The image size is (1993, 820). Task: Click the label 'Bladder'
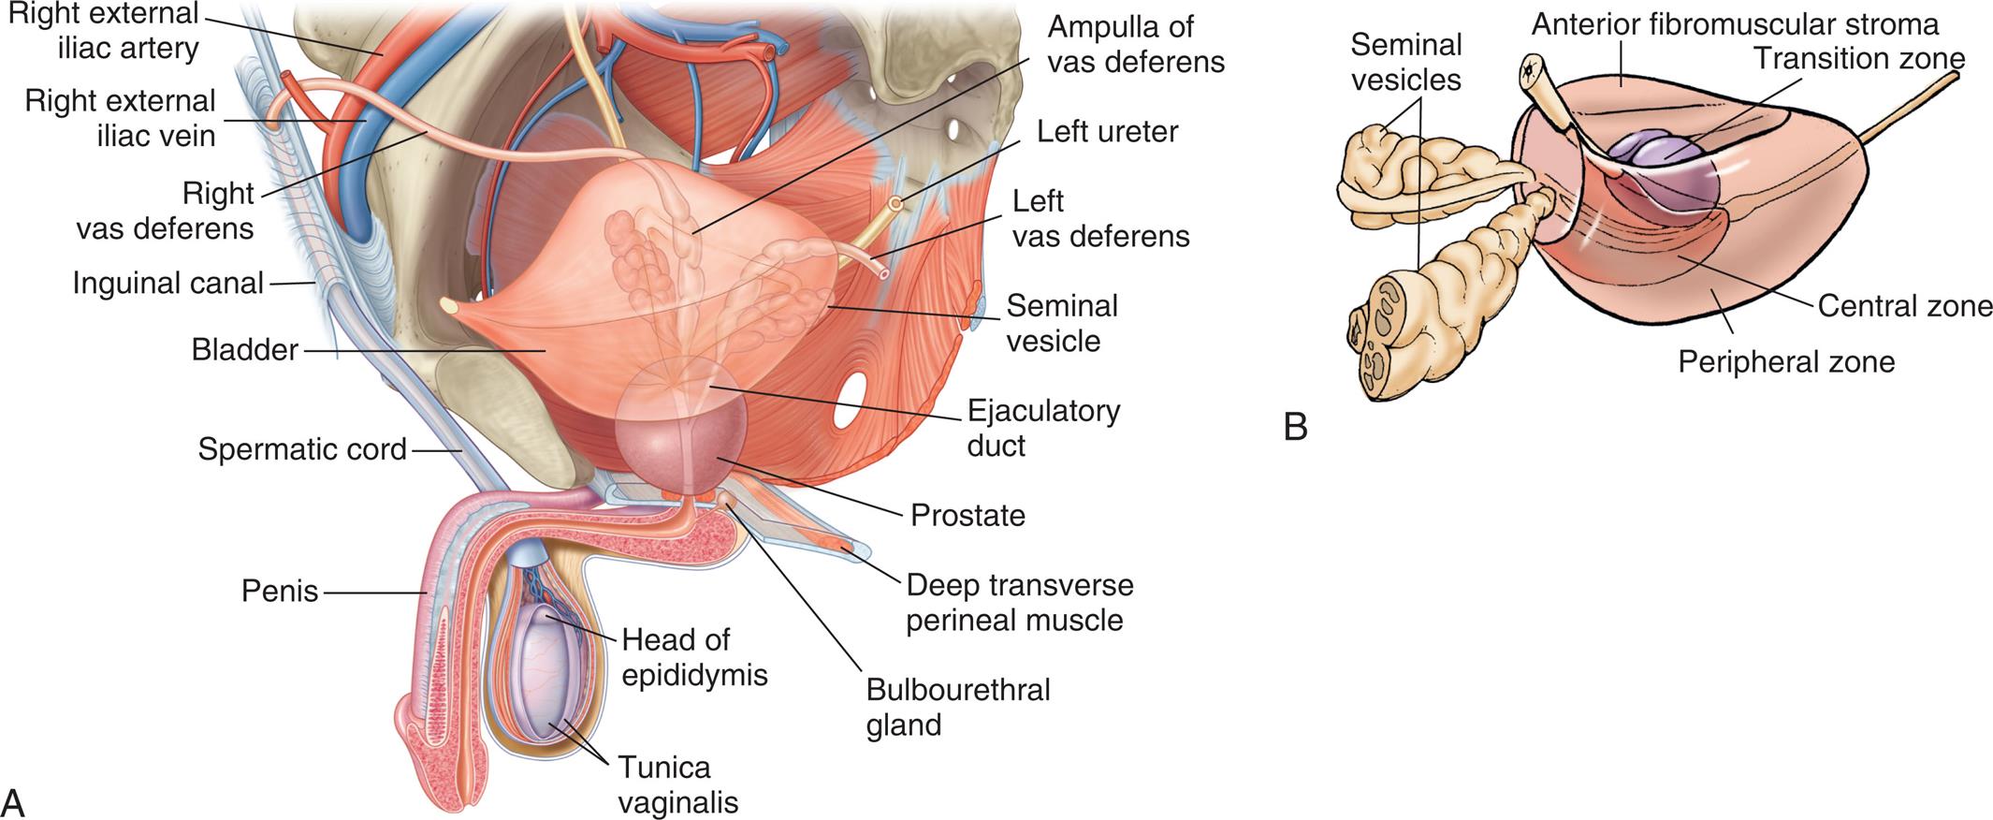coord(244,350)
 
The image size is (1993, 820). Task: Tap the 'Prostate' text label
coord(967,515)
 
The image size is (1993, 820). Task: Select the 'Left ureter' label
coord(1107,131)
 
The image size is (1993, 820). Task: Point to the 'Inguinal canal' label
coord(168,283)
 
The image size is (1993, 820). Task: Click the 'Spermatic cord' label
coord(302,449)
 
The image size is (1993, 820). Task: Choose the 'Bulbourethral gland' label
coord(958,707)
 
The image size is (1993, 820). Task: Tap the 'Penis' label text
coord(280,592)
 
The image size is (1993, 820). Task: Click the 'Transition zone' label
coord(1858,58)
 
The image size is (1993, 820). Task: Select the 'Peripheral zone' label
coord(1785,361)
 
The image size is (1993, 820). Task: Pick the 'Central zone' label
coord(1905,306)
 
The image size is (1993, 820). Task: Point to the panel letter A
coord(13,801)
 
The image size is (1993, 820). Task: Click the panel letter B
coord(1295,427)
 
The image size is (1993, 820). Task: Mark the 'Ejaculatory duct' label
coord(1043,428)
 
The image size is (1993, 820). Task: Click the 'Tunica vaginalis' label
coord(677,784)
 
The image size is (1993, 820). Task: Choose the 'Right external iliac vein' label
coord(121,118)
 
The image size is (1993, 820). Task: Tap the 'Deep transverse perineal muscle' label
coord(1019,603)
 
